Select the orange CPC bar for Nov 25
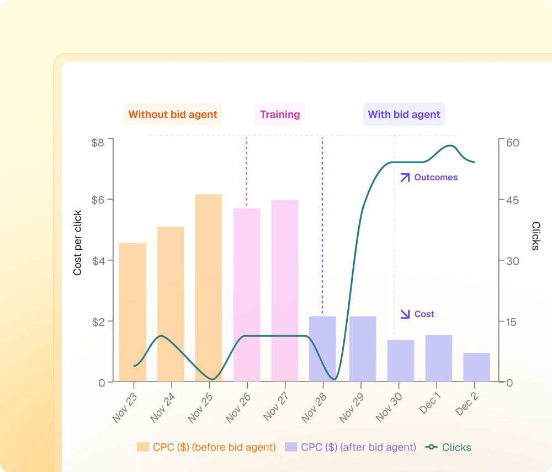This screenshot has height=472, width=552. (209, 288)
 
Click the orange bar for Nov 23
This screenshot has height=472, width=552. (132, 312)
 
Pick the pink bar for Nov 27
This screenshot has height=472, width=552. (285, 291)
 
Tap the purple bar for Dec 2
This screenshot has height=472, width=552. (477, 367)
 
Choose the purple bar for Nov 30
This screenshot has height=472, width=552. (401, 361)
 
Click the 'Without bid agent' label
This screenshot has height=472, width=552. (172, 114)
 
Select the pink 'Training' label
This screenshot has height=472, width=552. (280, 114)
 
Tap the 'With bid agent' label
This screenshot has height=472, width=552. (404, 114)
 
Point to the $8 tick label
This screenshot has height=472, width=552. (98, 142)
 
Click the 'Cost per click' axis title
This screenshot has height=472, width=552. (77, 243)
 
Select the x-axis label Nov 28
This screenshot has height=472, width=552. (314, 408)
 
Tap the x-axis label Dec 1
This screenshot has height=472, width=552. (430, 403)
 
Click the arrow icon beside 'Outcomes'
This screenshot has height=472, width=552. (405, 177)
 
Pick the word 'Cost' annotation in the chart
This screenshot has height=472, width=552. (424, 314)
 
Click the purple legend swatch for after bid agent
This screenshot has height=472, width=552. (291, 447)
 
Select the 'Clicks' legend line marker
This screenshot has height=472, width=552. (431, 447)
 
